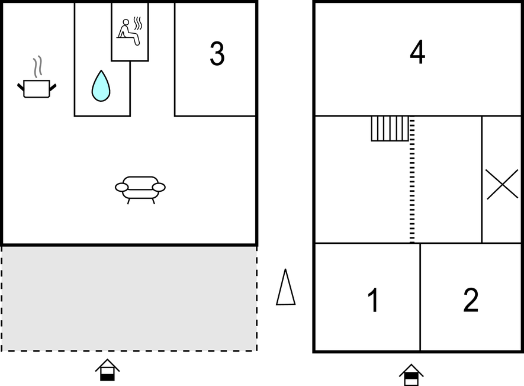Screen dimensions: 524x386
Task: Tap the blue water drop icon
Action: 101,86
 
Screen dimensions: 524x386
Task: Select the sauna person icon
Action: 128,33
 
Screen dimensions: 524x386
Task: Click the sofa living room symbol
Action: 140,190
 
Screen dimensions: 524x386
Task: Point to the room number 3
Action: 217,53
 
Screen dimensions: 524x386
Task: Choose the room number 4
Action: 417,52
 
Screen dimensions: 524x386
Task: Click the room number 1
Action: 373,300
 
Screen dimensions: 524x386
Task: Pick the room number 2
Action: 471,300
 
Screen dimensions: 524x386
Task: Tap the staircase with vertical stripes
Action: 390,128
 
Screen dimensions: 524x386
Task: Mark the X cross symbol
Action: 502,185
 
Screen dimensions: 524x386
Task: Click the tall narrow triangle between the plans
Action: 286,287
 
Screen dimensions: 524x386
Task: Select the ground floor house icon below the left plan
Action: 107,370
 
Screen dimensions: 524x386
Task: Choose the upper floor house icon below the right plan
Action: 412,375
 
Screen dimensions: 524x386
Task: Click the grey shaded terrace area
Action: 129,298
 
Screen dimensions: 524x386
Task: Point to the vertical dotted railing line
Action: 412,180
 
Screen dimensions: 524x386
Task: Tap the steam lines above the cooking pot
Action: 38,66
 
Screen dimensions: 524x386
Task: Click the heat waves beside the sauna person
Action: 138,23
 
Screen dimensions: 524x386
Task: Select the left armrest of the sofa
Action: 121,188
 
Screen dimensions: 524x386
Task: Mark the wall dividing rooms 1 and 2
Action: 420,297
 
